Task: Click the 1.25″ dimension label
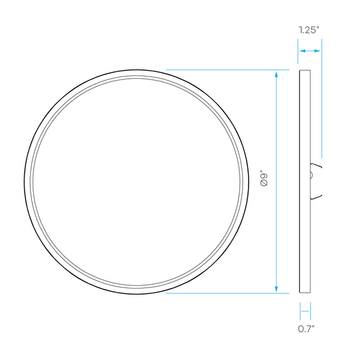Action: pyautogui.click(x=309, y=30)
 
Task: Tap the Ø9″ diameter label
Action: pyautogui.click(x=264, y=178)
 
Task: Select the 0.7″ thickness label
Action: pyautogui.click(x=306, y=329)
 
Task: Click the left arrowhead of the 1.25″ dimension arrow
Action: pyautogui.click(x=303, y=51)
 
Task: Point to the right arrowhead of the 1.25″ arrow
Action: pyautogui.click(x=317, y=51)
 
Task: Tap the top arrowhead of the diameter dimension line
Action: pyautogui.click(x=276, y=74)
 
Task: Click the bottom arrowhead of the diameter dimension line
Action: pyautogui.click(x=276, y=289)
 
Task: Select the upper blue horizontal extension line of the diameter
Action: pyautogui.click(x=227, y=69)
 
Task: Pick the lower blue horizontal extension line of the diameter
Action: pyautogui.click(x=227, y=293)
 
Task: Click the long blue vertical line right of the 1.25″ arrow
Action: pyautogui.click(x=321, y=98)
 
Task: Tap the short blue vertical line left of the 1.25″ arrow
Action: pyautogui.click(x=298, y=51)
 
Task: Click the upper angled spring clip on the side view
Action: pyautogui.click(x=317, y=166)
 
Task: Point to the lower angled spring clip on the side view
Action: pyautogui.click(x=317, y=195)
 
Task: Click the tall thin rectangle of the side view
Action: pyautogui.click(x=305, y=181)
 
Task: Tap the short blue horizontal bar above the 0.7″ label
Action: pyautogui.click(x=305, y=311)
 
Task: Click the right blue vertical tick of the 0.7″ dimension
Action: pyautogui.click(x=311, y=311)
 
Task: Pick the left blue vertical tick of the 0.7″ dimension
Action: pyautogui.click(x=300, y=311)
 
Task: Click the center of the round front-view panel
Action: pyautogui.click(x=137, y=181)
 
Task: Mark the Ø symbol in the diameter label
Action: pyautogui.click(x=264, y=183)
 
